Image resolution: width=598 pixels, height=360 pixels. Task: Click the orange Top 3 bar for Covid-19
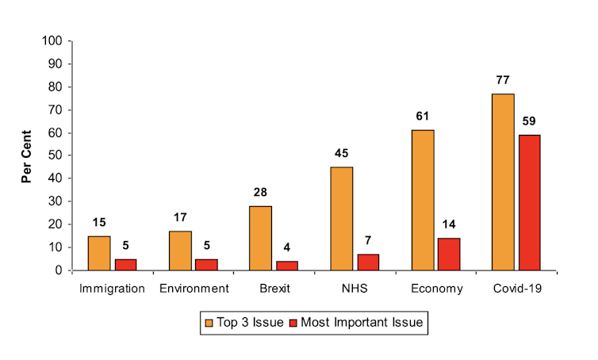click(x=503, y=182)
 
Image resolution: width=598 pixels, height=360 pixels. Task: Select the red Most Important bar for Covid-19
click(x=529, y=202)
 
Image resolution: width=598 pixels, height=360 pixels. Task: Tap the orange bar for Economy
click(x=422, y=200)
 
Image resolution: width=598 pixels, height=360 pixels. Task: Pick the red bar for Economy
click(x=448, y=254)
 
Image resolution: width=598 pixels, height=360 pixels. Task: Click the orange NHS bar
click(x=341, y=218)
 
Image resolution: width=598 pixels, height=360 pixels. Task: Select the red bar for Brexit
click(x=287, y=266)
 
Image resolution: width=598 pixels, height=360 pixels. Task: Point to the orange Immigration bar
click(x=99, y=253)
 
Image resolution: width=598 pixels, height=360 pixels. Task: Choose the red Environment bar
click(x=206, y=265)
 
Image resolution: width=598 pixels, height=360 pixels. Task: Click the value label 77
click(x=502, y=81)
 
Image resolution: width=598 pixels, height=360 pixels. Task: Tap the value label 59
click(x=529, y=122)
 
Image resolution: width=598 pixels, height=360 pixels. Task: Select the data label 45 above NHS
click(x=341, y=154)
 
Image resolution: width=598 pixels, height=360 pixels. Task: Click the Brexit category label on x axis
click(x=274, y=289)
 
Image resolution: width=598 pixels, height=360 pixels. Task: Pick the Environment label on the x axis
click(x=193, y=289)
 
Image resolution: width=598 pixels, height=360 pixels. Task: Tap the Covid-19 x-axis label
click(x=516, y=289)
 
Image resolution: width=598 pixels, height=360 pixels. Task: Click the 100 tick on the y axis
click(x=52, y=40)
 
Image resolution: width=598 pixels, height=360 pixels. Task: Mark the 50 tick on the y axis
click(x=55, y=155)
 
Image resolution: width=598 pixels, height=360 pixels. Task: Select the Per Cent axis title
click(x=27, y=156)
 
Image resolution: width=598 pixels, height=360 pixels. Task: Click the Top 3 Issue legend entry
click(x=244, y=323)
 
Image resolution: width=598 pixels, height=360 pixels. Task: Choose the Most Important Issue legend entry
click(x=356, y=323)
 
